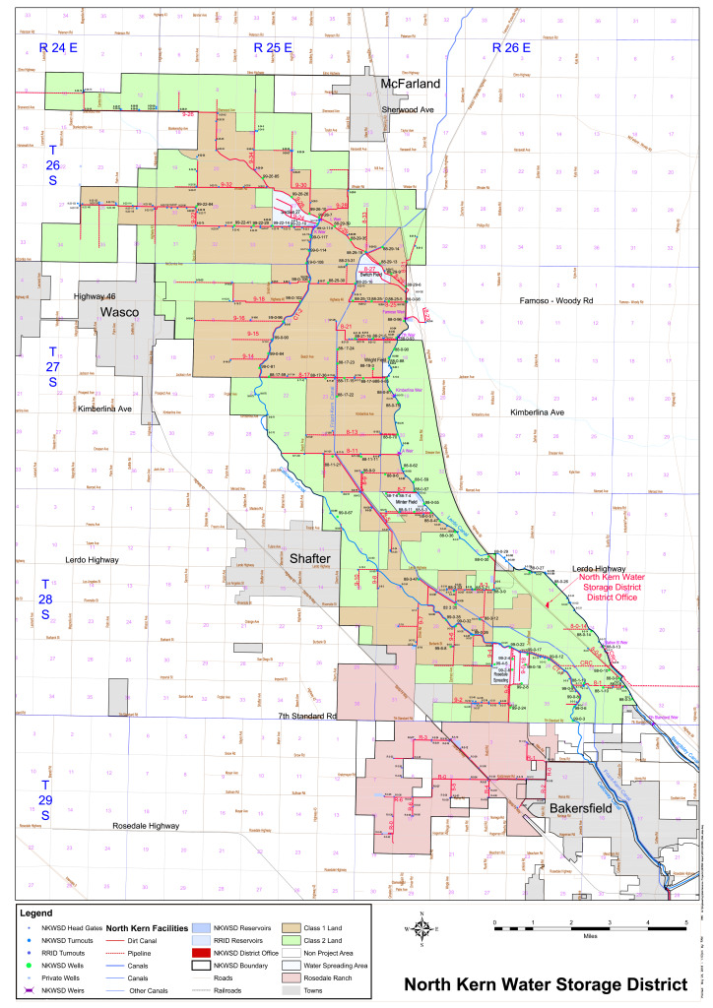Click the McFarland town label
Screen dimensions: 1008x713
411,84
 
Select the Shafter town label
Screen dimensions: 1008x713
308,558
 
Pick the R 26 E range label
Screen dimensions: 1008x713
511,47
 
